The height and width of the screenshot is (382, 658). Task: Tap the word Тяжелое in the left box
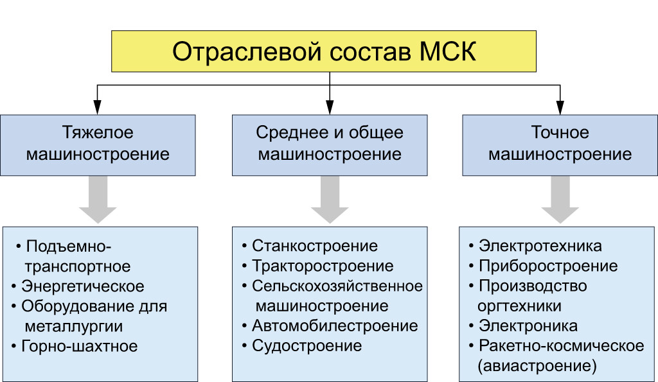98,132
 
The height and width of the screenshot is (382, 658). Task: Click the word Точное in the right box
560,132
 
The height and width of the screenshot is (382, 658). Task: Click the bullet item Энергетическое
83,287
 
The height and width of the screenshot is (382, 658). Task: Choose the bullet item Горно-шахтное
80,347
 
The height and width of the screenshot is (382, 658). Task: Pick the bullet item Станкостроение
315,247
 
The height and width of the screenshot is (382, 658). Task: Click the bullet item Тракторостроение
323,266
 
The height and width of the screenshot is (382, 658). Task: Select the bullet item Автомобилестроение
335,326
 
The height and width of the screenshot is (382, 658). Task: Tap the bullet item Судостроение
307,346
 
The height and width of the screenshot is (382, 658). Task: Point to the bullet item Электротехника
540,246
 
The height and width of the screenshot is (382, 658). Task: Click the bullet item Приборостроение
548,266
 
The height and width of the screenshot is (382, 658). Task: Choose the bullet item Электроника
528,326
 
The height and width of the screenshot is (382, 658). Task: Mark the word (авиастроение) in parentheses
537,366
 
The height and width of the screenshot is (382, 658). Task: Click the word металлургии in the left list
74,327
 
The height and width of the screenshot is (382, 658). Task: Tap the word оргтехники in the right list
519,306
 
